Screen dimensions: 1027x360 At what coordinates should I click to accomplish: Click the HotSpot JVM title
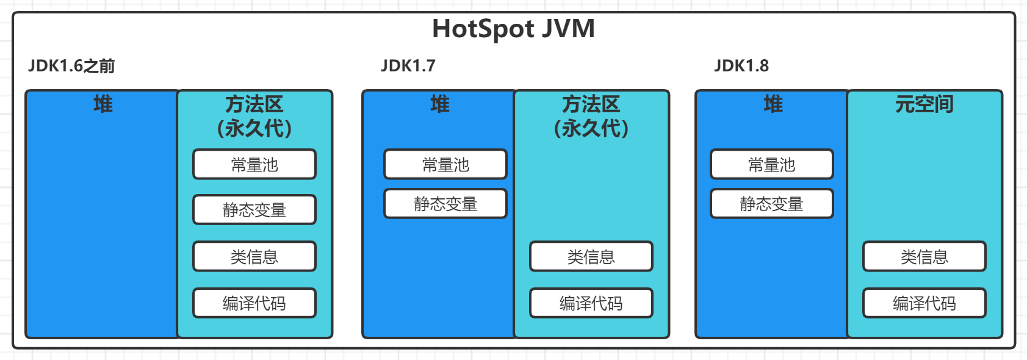click(514, 29)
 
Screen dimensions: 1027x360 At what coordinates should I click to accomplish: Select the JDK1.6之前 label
click(71, 66)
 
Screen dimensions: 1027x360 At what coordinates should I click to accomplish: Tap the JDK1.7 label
click(408, 66)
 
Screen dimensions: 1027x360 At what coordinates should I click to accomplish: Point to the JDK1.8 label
click(741, 66)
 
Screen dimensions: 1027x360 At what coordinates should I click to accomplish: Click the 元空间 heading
click(924, 104)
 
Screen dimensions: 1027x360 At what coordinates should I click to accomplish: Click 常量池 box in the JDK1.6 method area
click(254, 164)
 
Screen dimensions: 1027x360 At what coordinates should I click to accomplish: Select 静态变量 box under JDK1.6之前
click(254, 209)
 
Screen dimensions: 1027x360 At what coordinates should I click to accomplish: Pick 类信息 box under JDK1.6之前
click(254, 256)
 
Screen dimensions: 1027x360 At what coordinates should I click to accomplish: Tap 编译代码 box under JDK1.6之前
click(254, 303)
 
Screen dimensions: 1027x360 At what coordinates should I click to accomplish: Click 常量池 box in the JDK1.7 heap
click(445, 164)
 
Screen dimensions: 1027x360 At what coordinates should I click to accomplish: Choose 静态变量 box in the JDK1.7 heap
click(445, 204)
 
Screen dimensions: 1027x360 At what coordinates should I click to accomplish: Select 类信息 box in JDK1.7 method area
click(591, 256)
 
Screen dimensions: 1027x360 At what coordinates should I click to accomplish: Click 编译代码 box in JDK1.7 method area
click(591, 303)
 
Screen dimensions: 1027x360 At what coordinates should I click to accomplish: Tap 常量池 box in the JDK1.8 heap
click(772, 164)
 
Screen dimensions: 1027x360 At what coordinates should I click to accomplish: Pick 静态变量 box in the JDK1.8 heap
click(772, 204)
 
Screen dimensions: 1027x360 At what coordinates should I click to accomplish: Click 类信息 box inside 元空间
click(924, 256)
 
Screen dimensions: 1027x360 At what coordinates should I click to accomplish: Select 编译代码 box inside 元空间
click(924, 303)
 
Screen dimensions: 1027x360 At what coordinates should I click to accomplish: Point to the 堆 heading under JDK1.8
click(773, 104)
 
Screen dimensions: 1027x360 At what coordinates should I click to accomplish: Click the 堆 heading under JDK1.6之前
click(103, 104)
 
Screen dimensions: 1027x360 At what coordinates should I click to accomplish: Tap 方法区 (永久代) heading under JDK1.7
click(591, 116)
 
